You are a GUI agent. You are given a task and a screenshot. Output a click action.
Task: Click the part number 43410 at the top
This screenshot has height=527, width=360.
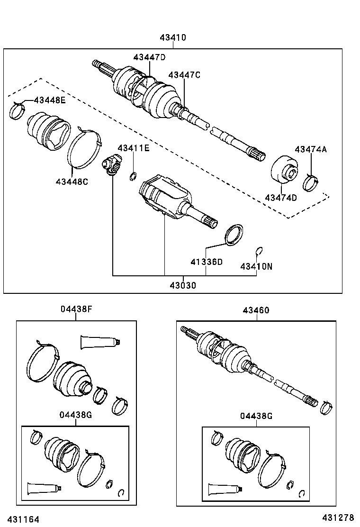click(172, 37)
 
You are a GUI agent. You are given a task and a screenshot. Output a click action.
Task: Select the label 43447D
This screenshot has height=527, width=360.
click(149, 57)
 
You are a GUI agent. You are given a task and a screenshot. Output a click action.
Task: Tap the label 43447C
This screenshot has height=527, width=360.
click(184, 75)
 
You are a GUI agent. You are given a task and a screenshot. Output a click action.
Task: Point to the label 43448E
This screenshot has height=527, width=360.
click(49, 100)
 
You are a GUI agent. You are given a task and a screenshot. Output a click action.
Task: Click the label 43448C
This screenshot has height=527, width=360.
click(72, 181)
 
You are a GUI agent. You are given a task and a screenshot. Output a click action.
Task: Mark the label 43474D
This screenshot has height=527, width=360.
click(281, 198)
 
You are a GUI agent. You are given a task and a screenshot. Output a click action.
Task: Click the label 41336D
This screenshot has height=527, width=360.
click(207, 262)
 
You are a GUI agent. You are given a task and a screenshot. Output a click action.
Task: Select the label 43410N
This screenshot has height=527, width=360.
click(256, 266)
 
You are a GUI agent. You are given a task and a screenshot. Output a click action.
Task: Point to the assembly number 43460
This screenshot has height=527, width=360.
click(256, 310)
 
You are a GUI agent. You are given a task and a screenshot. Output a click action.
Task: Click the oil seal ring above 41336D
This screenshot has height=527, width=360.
click(233, 235)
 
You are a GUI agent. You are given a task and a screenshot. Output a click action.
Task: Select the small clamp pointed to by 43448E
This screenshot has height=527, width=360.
click(18, 112)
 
